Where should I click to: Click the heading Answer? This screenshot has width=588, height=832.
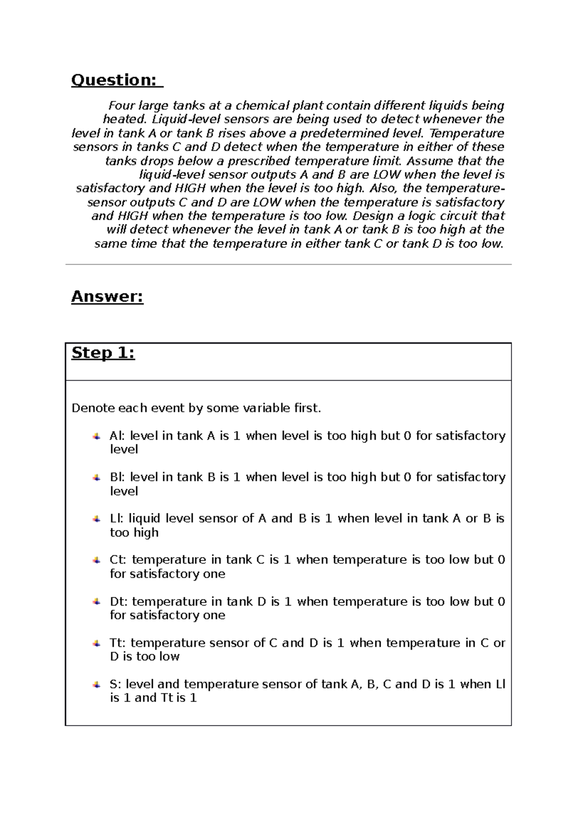pyautogui.click(x=107, y=296)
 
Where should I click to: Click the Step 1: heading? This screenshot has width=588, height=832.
pyautogui.click(x=103, y=353)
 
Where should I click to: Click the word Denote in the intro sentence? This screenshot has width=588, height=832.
pyautogui.click(x=91, y=408)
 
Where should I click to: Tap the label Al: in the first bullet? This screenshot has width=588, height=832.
pyautogui.click(x=117, y=436)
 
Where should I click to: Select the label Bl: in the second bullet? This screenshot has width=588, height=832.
pyautogui.click(x=117, y=477)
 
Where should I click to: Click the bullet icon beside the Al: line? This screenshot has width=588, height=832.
pyautogui.click(x=97, y=436)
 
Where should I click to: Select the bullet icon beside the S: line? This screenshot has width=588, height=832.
pyautogui.click(x=97, y=685)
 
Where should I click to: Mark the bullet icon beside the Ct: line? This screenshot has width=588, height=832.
pyautogui.click(x=97, y=560)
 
